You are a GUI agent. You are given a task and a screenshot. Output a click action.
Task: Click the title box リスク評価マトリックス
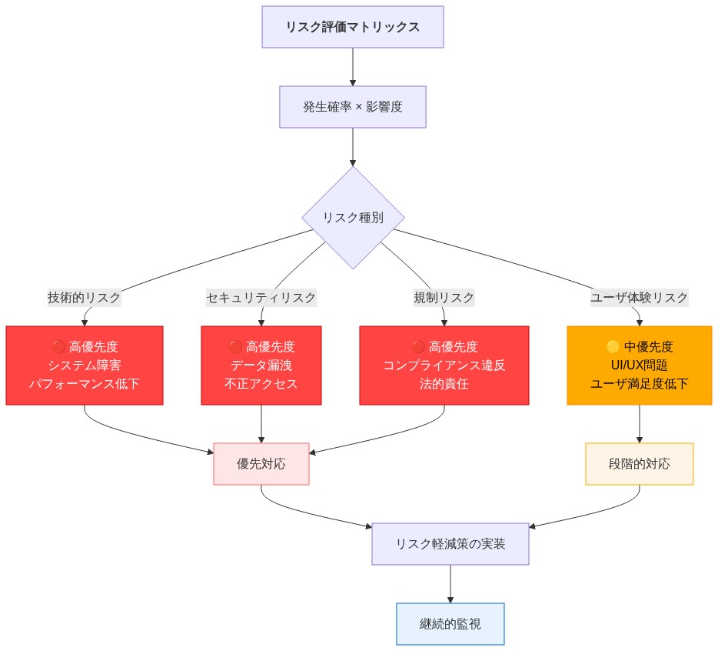tap(353, 27)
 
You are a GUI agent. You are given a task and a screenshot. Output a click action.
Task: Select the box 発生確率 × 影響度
tap(353, 106)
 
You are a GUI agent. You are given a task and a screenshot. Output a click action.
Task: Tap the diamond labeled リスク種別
tap(353, 218)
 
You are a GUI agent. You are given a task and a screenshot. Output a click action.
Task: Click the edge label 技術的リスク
tap(85, 297)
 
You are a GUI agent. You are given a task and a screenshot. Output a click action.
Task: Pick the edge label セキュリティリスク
tap(261, 297)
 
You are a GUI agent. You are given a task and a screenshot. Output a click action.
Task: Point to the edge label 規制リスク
tap(444, 297)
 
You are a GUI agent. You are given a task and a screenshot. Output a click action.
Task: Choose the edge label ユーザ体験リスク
tap(640, 297)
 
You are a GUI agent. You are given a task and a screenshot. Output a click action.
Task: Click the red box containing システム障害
tap(85, 365)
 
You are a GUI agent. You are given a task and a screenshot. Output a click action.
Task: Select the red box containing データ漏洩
tap(261, 365)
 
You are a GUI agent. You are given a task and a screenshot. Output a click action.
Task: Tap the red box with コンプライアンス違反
tap(444, 365)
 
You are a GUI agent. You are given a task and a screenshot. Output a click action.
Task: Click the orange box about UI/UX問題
tap(640, 365)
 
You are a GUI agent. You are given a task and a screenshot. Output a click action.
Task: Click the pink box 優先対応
tap(261, 464)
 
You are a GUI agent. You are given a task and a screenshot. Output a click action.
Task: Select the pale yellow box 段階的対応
tap(640, 464)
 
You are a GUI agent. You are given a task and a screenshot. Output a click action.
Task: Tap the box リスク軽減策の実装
tap(450, 544)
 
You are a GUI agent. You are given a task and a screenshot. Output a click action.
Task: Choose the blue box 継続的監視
tap(450, 623)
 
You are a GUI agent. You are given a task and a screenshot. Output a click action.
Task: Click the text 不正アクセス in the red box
tap(261, 383)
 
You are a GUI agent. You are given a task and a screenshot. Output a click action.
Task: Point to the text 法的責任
tap(444, 383)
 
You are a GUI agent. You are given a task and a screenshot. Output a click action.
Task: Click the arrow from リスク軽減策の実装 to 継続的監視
tap(450, 584)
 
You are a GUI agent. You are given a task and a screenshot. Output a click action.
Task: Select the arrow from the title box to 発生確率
tap(353, 67)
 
